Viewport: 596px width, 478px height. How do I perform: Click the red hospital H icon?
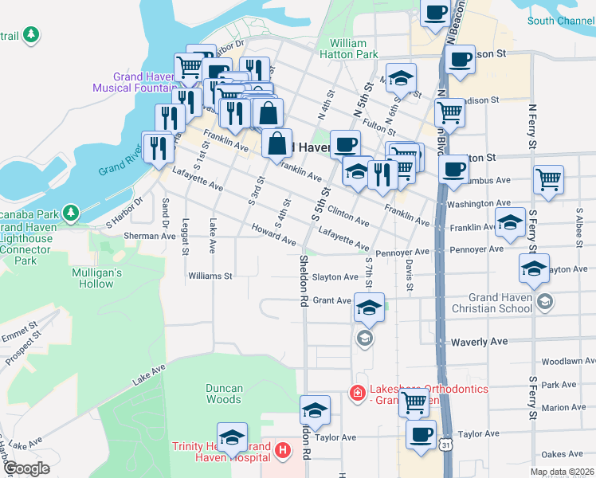pyautogui.click(x=281, y=452)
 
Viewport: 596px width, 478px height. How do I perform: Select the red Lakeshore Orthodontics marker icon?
pyautogui.click(x=359, y=394)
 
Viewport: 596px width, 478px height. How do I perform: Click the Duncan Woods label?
pyautogui.click(x=224, y=394)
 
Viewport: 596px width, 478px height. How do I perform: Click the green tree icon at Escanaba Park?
pyautogui.click(x=72, y=213)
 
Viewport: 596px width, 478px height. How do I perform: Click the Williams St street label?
pyautogui.click(x=210, y=276)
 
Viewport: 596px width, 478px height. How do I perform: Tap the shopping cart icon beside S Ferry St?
pyautogui.click(x=549, y=179)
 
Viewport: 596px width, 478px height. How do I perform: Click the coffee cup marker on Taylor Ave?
pyautogui.click(x=421, y=435)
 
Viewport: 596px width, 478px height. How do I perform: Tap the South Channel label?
pyautogui.click(x=560, y=21)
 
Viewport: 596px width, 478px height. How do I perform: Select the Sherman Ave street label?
pyautogui.click(x=149, y=237)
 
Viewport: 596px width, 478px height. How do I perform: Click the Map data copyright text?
pyautogui.click(x=562, y=472)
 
